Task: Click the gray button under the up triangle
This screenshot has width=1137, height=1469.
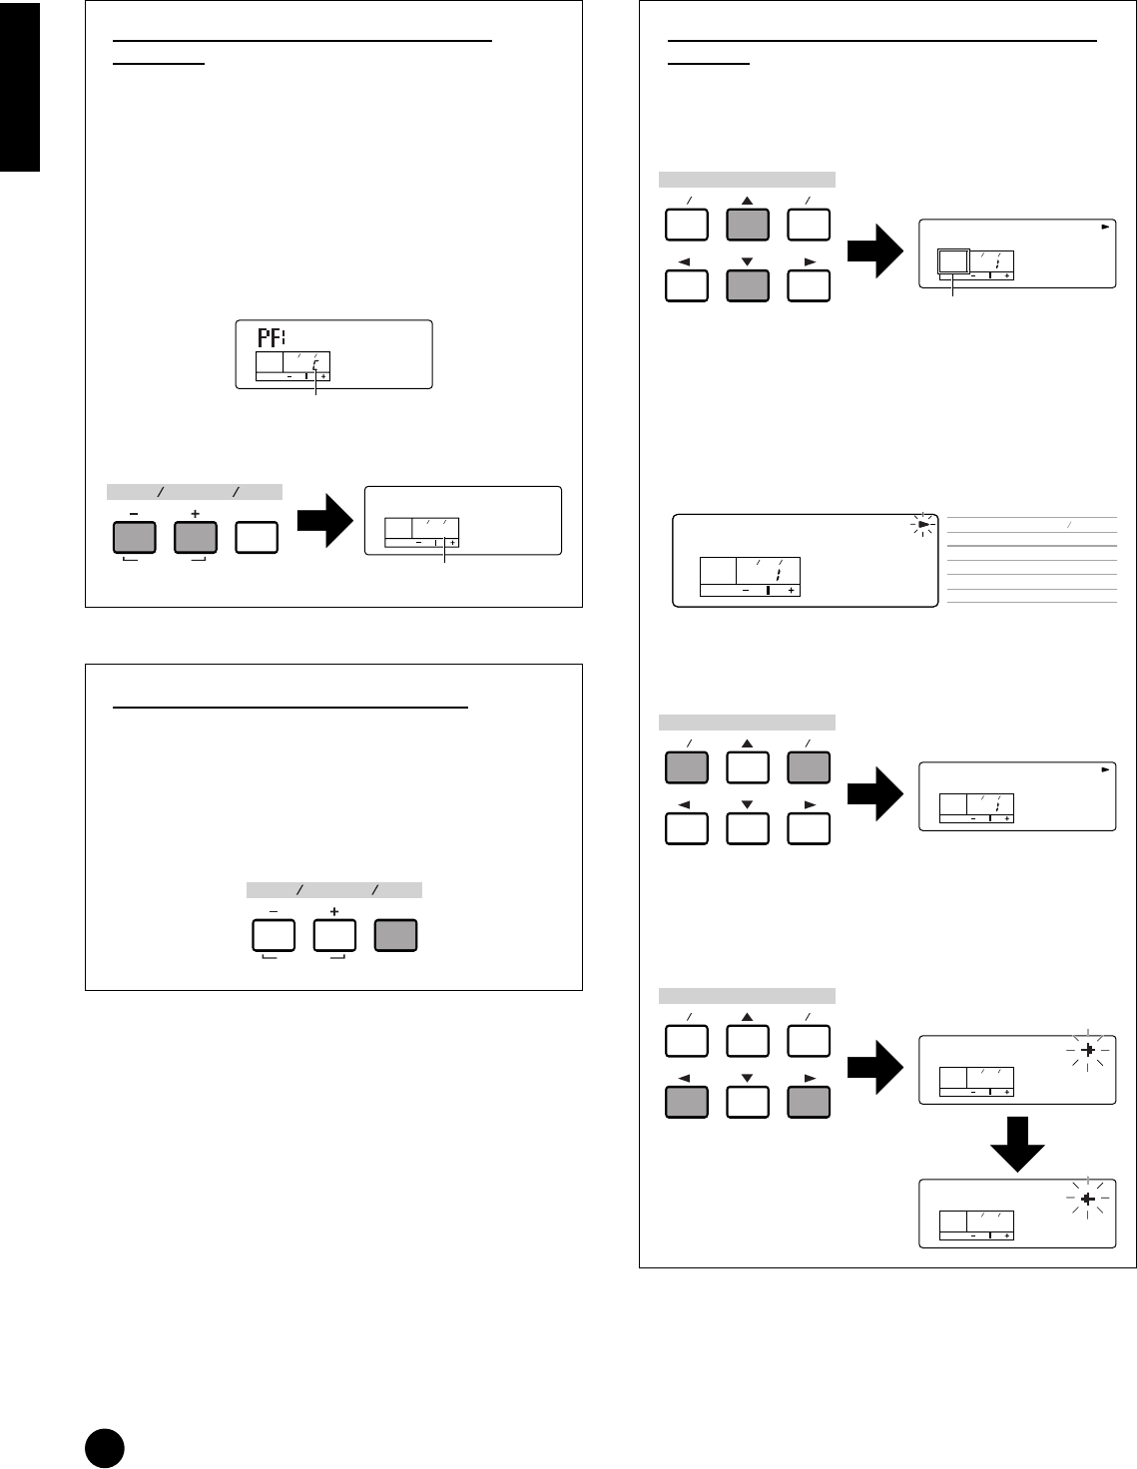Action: point(748,225)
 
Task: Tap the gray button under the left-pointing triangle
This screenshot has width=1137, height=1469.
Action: point(686,1102)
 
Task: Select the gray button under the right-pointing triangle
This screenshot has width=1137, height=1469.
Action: point(809,1102)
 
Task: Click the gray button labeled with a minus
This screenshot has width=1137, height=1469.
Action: point(135,538)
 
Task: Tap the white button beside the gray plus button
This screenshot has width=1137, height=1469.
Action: point(257,538)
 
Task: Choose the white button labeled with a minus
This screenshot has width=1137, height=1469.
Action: point(274,935)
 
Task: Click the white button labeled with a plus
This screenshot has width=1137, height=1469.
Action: point(334,935)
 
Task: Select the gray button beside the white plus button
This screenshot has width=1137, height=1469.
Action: point(395,935)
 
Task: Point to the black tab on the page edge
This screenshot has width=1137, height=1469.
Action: point(19,86)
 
